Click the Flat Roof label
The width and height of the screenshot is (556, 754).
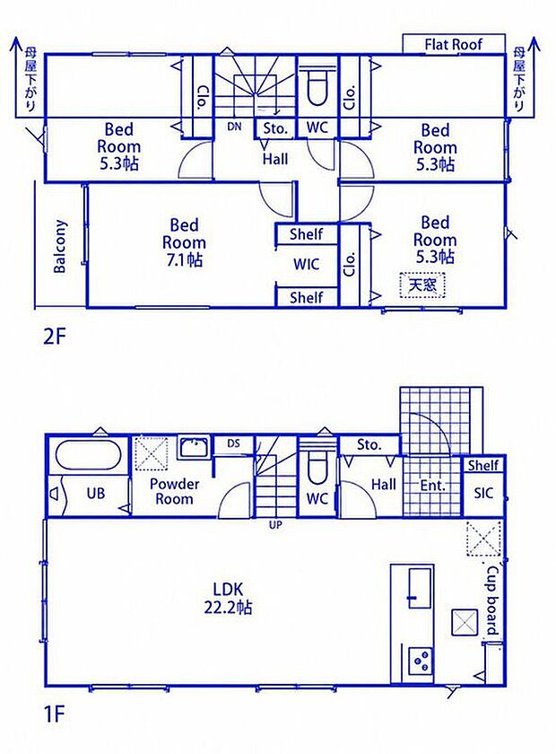coord(453,45)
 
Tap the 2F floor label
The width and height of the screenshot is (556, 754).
coord(54,337)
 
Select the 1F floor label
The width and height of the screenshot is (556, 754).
coord(54,715)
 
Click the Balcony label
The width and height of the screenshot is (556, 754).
coord(59,246)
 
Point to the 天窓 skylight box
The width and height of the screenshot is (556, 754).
coord(422,285)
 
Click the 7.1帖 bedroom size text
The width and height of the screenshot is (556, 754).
coord(185,260)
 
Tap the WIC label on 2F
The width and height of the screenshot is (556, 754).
coord(306,264)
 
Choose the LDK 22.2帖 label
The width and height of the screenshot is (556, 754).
coord(229,598)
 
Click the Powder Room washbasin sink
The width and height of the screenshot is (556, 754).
coord(194,448)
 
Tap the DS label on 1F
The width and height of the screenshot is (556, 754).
coord(233,443)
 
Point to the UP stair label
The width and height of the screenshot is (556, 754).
coord(275,525)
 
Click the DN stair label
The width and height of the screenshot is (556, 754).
coord(234,127)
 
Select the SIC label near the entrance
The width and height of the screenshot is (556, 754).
coord(483,493)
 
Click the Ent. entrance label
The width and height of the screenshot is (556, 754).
coord(433,486)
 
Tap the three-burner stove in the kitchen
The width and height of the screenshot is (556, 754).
coord(421,661)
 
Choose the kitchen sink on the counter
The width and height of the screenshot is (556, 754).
coord(420,588)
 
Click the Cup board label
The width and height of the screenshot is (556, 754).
coord(492,601)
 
